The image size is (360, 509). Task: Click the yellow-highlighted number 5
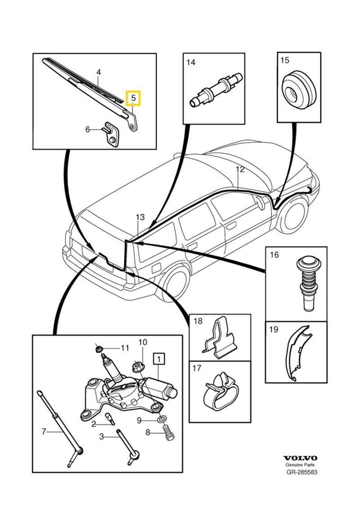[133, 97]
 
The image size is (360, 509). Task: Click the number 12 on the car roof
[240, 170]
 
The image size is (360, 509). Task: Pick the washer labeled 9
[160, 420]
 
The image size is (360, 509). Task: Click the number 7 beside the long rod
[44, 432]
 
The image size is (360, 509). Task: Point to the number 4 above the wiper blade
[99, 72]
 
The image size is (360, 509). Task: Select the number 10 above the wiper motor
[142, 342]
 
